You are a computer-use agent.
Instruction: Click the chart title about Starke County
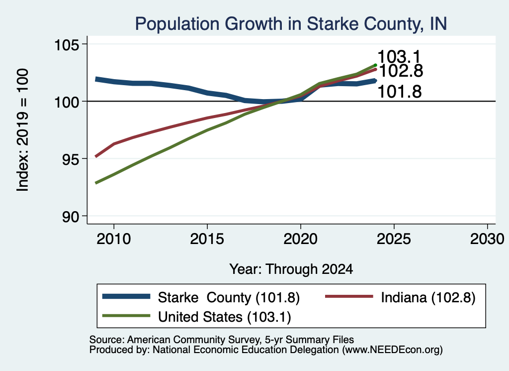coord(291,24)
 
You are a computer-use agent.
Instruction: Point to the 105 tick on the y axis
coord(67,44)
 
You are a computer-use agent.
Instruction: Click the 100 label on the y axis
coord(67,102)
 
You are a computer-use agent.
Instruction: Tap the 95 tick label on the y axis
coord(71,159)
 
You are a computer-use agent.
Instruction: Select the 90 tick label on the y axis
coord(71,217)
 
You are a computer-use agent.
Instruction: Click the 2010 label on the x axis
coord(114,240)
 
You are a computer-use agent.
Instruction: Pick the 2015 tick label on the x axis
coord(207,240)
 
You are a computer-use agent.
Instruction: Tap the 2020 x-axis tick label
coord(301,240)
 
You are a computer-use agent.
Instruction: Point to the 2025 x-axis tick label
coord(394,240)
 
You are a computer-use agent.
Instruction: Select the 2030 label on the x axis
coord(487,240)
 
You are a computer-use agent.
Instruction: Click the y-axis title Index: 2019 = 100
coord(23,130)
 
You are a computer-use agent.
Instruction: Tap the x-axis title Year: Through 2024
coord(291,269)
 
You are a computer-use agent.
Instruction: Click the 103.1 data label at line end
coord(399,57)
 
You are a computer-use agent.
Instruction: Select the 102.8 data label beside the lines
coord(401,71)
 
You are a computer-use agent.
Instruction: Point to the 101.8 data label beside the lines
coord(400,92)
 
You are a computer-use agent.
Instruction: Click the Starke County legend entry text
coord(229,297)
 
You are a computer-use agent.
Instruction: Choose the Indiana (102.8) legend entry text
coord(428,297)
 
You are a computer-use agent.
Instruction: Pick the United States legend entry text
coord(225,317)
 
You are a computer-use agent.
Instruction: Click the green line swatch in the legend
coord(126,316)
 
